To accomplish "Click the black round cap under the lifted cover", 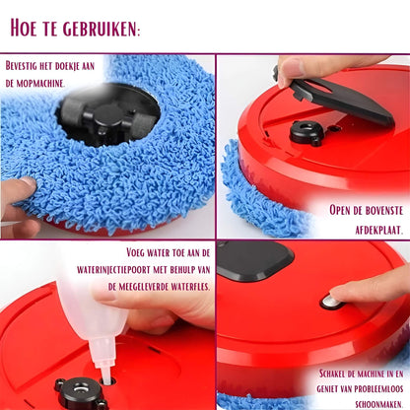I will click(x=308, y=131).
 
